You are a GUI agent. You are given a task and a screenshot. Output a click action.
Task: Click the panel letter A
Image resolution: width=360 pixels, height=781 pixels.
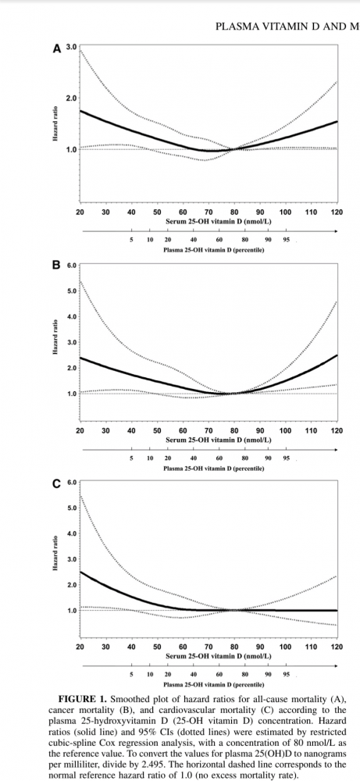coord(57,48)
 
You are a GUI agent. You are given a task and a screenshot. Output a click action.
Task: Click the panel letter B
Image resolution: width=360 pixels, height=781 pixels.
coord(56,266)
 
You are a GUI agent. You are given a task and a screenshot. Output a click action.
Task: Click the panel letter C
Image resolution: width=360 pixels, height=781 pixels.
coord(56,483)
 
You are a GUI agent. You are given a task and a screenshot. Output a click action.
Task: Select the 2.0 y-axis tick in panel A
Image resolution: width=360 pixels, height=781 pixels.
coord(71,98)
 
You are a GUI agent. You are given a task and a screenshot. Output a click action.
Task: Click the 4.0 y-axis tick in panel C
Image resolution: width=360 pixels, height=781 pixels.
coord(71,533)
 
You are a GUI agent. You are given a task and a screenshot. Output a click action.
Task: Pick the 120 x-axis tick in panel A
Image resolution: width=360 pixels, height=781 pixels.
coord(337,212)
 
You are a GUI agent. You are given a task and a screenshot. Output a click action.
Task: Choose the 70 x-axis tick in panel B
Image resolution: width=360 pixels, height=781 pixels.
coord(209,430)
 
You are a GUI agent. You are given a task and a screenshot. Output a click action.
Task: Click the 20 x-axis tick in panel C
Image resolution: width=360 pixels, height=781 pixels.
coord(80,647)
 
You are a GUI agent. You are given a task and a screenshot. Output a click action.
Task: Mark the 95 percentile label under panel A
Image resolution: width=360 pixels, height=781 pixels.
coord(287,240)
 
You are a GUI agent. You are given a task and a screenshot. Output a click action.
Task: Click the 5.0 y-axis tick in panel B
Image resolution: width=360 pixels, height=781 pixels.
coord(71,291)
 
